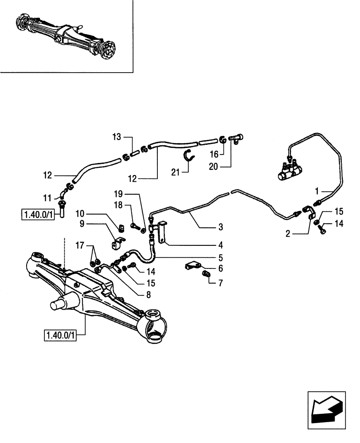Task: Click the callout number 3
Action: (221, 228)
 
